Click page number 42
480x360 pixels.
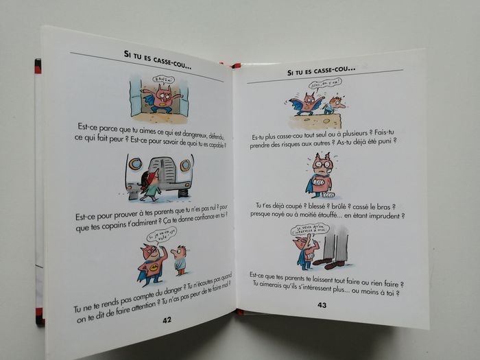167,320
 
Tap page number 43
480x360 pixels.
322,305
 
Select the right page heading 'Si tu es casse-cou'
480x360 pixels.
321,70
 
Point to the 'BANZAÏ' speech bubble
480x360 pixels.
163,81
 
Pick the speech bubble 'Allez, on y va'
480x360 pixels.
326,85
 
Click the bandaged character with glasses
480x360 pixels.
320,176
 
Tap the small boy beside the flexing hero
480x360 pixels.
180,259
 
